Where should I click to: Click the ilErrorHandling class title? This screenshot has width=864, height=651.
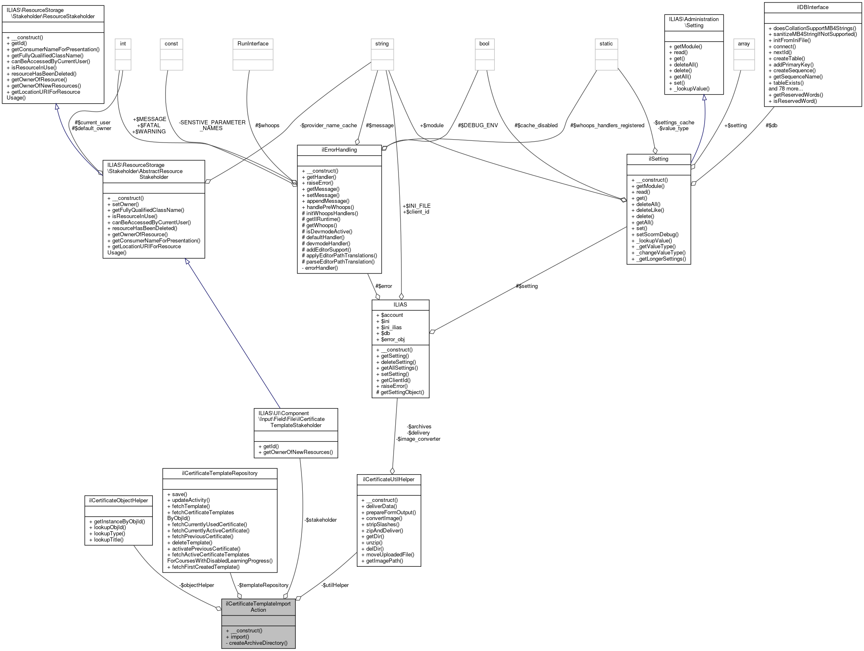339,150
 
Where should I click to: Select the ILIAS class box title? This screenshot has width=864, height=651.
400,304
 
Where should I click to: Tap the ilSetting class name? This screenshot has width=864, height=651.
658,159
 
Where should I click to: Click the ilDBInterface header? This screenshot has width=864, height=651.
813,7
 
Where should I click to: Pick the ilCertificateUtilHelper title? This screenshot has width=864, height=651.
389,479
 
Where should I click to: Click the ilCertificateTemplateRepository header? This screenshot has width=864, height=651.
220,473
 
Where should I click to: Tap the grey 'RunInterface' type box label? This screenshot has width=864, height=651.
253,44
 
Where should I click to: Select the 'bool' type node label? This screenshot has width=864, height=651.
484,44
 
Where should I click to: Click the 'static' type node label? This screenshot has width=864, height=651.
606,44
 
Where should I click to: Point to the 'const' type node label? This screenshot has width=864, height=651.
171,44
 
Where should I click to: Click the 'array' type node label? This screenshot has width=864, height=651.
743,44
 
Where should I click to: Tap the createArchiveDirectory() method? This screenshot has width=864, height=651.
258,643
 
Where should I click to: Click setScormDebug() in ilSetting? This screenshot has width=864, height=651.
657,234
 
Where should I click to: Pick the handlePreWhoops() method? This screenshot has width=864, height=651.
330,207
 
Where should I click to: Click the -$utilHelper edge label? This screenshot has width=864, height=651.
335,585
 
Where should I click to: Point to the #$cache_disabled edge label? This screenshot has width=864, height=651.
536,126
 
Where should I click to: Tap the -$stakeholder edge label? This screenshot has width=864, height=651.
321,520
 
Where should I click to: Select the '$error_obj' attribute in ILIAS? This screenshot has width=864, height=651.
392,340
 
